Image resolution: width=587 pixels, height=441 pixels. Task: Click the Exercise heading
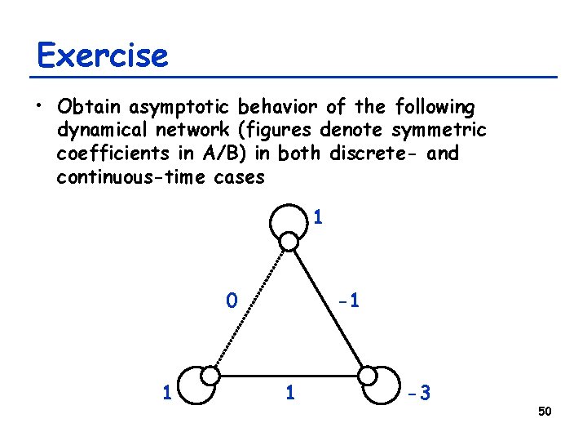click(103, 56)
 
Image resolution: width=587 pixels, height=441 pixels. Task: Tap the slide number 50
click(545, 411)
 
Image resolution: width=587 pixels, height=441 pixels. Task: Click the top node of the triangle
click(289, 241)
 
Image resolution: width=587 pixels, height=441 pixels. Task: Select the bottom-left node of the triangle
click(210, 376)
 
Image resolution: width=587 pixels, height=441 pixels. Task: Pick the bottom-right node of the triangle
click(368, 376)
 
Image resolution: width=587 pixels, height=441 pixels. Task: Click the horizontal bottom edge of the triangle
click(289, 376)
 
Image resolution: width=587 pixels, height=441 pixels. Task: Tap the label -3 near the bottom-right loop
click(419, 394)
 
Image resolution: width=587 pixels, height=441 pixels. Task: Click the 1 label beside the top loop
click(318, 218)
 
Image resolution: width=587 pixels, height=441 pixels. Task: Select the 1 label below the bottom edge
click(289, 394)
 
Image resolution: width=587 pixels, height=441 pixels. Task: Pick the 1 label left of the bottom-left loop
click(166, 394)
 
